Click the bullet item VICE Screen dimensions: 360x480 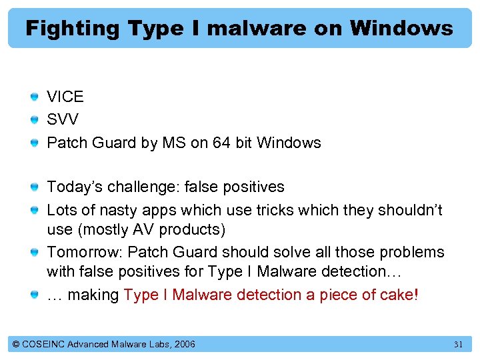[x=65, y=97]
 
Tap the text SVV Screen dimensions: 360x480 [x=63, y=120]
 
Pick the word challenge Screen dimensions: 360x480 [x=137, y=187]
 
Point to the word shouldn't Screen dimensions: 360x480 [x=410, y=210]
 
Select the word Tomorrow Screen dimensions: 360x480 [x=83, y=252]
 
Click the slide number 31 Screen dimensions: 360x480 [x=458, y=345]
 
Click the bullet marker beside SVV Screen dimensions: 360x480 [x=35, y=120]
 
